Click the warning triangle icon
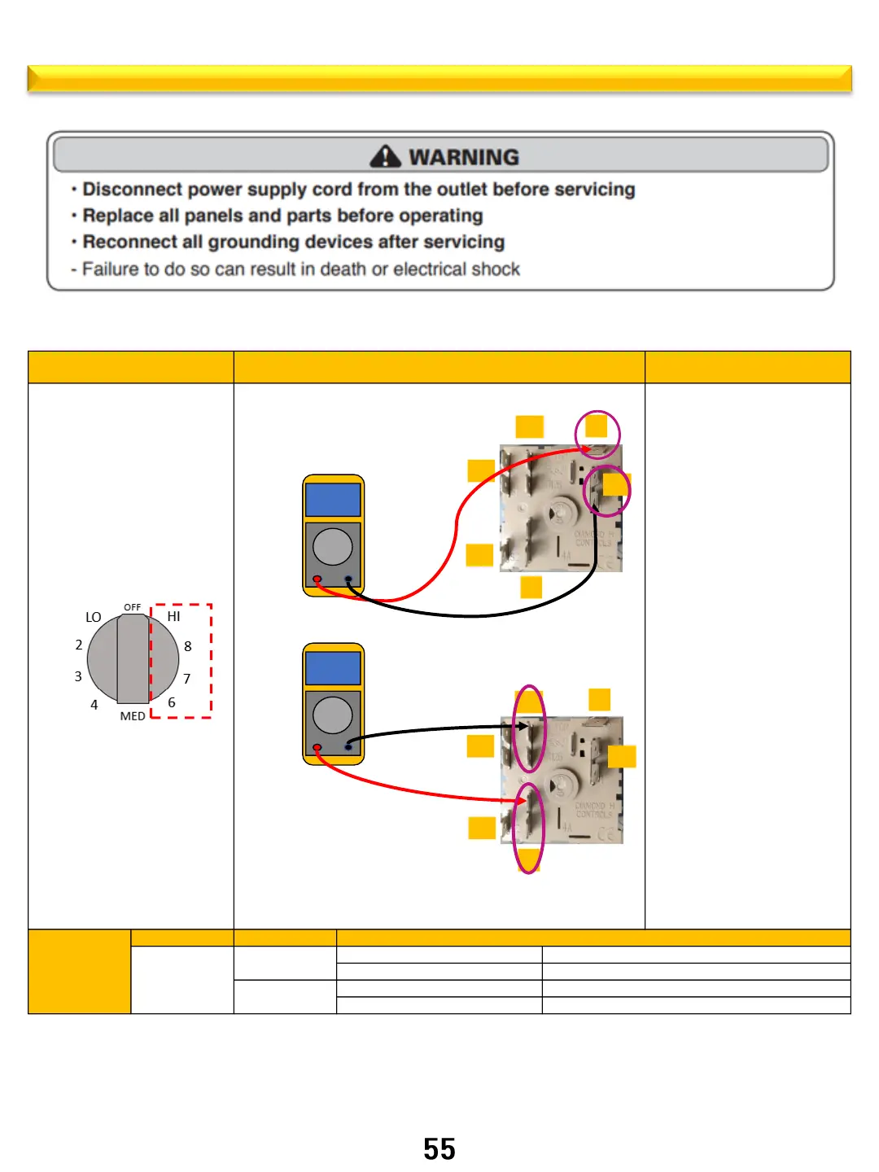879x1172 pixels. click(385, 156)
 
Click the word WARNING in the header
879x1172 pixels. click(464, 157)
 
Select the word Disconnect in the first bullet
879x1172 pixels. click(132, 190)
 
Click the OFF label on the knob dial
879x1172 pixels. click(132, 607)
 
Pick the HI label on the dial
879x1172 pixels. click(173, 617)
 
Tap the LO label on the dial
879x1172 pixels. click(94, 617)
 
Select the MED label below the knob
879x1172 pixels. click(133, 716)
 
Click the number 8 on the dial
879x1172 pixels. click(188, 646)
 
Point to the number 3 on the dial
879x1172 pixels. click(78, 676)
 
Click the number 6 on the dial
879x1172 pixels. click(172, 702)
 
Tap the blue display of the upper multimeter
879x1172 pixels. click(333, 500)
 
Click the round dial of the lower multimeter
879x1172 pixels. click(333, 715)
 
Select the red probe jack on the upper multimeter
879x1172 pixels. click(317, 579)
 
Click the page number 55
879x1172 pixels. click(439, 1149)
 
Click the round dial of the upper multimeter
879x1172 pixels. click(333, 546)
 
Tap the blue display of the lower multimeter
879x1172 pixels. click(333, 668)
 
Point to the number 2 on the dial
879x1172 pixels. click(79, 645)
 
